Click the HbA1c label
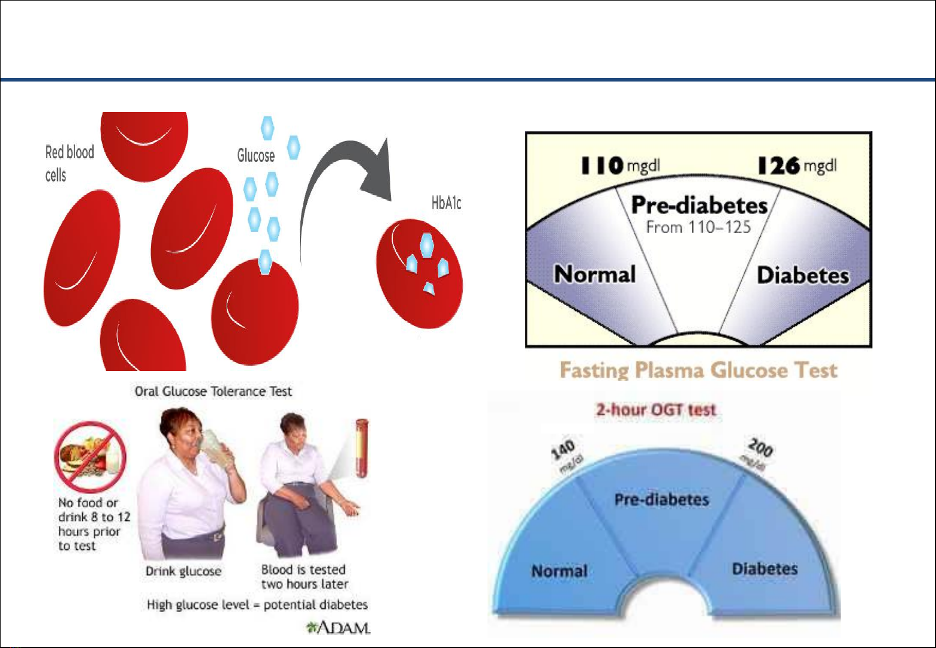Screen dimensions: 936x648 click(446, 203)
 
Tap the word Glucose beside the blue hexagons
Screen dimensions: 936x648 click(255, 155)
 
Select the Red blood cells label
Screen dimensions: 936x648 click(70, 164)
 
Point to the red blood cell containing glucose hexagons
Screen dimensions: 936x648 click(419, 274)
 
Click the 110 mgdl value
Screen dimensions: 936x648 click(621, 165)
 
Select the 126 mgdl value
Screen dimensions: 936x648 click(797, 166)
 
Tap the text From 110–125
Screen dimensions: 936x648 click(698, 227)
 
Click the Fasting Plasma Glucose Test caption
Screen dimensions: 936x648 click(698, 370)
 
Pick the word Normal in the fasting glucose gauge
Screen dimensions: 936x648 click(595, 274)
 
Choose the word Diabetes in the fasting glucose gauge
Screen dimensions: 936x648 click(803, 276)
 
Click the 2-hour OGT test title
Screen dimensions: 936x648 click(656, 410)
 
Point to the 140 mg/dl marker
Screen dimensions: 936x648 click(566, 456)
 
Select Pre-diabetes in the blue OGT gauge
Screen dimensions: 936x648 click(662, 500)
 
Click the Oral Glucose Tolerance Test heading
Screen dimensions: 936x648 click(213, 391)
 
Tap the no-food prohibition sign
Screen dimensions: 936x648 click(91, 457)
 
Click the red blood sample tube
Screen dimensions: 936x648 click(362, 448)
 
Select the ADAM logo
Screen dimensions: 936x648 click(338, 628)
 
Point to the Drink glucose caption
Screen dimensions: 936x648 click(183, 571)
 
